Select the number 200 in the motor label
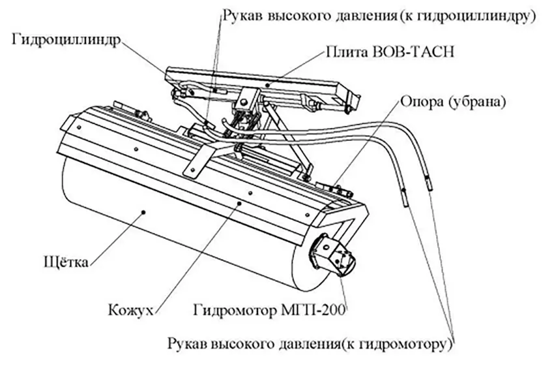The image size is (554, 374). click(333, 309)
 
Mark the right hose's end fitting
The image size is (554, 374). click(428, 183)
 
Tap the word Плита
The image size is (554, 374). click(342, 52)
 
